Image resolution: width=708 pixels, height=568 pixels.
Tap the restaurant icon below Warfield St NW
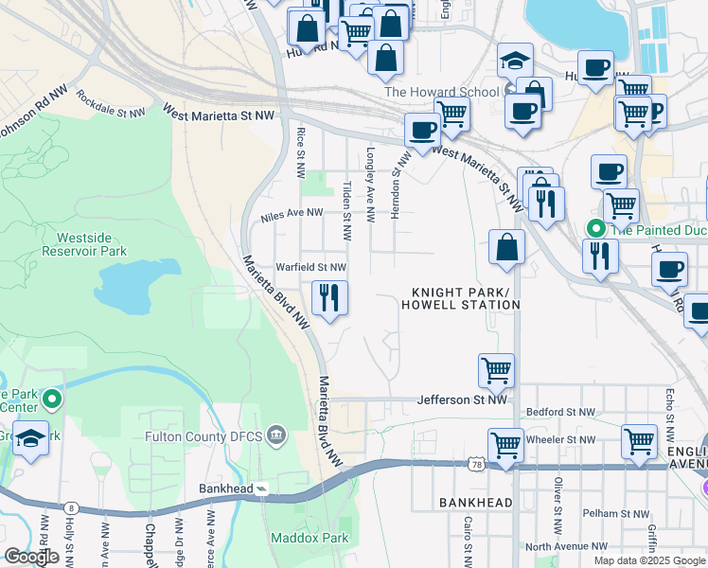329,299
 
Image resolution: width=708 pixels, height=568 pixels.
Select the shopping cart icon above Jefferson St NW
497,370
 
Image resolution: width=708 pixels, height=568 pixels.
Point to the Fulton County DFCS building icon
276,435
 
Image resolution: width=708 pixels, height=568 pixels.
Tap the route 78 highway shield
475,463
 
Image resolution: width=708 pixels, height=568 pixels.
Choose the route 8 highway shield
72,508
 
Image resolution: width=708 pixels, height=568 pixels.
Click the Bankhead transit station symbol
262,488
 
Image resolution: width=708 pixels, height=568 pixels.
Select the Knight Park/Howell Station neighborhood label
460,298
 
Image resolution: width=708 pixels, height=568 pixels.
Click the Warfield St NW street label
310,267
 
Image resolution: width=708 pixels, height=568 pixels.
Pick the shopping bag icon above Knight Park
507,248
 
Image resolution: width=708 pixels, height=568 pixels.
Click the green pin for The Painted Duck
596,228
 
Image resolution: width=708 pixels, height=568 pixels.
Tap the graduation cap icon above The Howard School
515,61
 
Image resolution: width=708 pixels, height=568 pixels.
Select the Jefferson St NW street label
462,400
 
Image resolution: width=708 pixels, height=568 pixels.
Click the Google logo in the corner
32,557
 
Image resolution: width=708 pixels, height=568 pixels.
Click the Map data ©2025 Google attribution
648,560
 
